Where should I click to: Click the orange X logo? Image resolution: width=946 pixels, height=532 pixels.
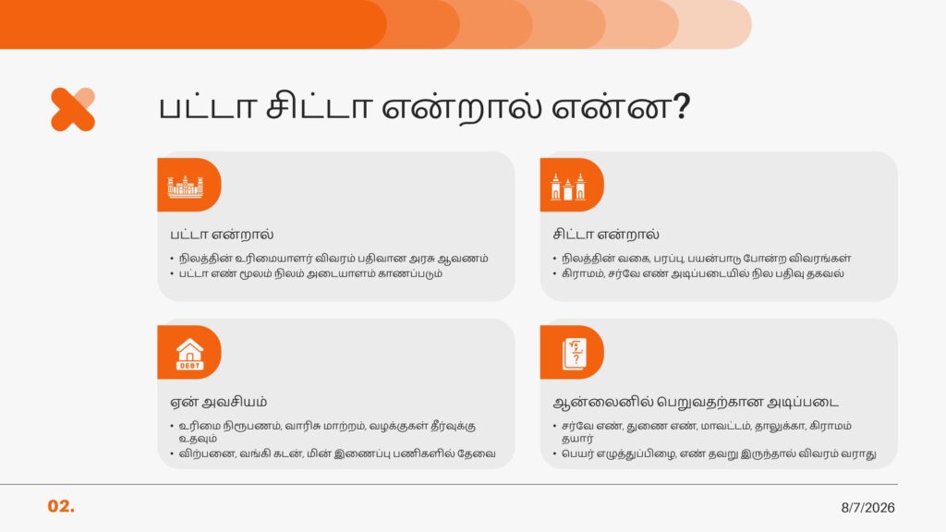click(x=73, y=109)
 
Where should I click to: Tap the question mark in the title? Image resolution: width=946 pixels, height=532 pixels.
click(x=681, y=107)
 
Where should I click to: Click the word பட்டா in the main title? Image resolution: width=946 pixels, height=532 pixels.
click(x=207, y=106)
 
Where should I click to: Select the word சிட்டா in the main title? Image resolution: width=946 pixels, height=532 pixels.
click(x=318, y=106)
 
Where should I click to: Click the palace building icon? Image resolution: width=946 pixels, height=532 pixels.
click(x=185, y=187)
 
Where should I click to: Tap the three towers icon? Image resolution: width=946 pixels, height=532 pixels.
click(x=568, y=187)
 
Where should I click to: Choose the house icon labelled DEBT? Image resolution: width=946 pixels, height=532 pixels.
click(x=189, y=354)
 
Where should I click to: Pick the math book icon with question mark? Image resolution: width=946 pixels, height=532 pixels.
click(x=574, y=354)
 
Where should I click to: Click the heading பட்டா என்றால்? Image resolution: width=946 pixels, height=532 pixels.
click(x=222, y=234)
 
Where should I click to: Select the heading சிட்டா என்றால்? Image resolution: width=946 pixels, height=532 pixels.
click(x=606, y=234)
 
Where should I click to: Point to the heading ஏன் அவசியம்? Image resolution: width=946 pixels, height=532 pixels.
click(x=218, y=402)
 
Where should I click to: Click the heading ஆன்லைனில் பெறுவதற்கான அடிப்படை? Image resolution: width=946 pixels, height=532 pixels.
click(x=696, y=402)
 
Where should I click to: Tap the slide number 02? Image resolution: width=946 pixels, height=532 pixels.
click(x=61, y=506)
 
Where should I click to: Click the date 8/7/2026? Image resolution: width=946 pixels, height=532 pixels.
click(x=867, y=508)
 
